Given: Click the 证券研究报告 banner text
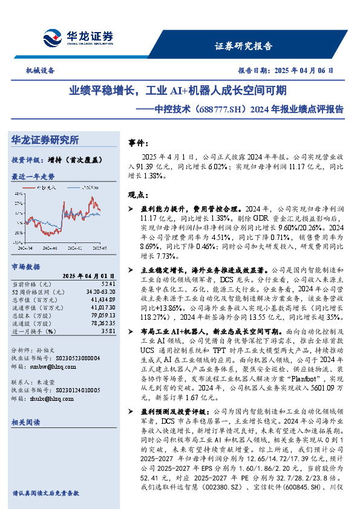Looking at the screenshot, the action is [x=243, y=46].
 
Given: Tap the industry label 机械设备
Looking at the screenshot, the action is [x=41, y=70].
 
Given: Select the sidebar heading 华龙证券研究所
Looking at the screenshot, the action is [x=45, y=140].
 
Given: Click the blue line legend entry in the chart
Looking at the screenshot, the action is [x=91, y=189].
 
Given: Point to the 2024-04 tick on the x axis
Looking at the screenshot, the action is [x=26, y=248].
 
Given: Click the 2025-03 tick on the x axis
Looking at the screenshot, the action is [x=99, y=248].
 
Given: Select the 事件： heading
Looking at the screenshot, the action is [x=139, y=143].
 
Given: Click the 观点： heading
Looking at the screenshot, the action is [x=139, y=195].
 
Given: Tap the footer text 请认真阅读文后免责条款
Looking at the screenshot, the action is [x=45, y=493].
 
